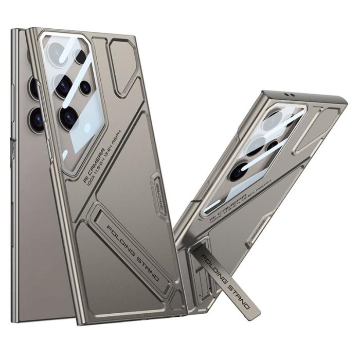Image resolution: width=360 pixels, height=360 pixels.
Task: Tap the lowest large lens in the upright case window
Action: click(x=68, y=118)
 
